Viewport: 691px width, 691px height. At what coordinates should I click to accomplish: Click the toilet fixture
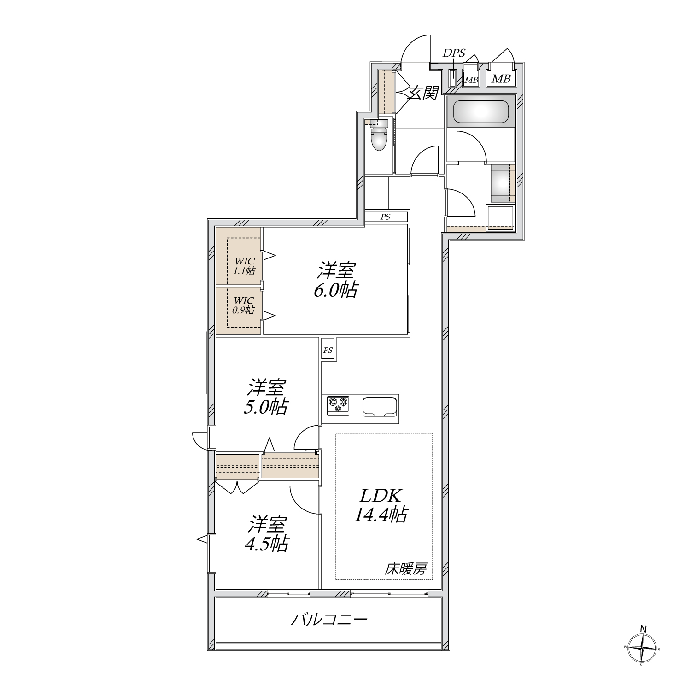click(x=379, y=138)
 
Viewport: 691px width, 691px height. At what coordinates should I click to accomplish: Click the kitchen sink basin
click(x=380, y=407)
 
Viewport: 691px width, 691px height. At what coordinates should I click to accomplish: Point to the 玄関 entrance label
click(x=423, y=94)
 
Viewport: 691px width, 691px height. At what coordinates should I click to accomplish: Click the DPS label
click(x=454, y=53)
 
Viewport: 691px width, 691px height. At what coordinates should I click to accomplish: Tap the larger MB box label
click(x=501, y=79)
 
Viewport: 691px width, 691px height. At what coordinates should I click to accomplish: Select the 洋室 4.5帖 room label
click(x=267, y=534)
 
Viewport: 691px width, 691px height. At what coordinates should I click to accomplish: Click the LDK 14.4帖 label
click(x=381, y=505)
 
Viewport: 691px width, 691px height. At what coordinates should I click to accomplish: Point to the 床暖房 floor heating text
click(x=405, y=569)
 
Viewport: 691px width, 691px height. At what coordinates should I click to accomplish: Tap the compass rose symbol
click(x=642, y=648)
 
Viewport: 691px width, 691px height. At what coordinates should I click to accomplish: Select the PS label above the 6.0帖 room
click(x=386, y=217)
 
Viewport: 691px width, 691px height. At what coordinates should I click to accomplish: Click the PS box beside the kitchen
click(x=328, y=350)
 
